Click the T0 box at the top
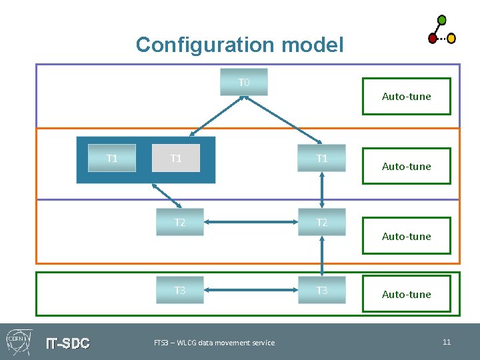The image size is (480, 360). [244, 82]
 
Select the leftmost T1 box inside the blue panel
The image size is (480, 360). [112, 159]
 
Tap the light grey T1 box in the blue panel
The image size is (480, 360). [176, 159]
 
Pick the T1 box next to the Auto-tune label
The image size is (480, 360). [322, 159]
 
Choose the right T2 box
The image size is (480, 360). [322, 222]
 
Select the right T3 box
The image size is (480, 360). [322, 290]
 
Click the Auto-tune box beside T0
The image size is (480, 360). [406, 97]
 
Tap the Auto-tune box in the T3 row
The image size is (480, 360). [406, 294]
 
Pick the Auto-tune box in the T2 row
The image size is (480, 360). [406, 236]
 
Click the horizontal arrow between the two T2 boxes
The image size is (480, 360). [251, 222]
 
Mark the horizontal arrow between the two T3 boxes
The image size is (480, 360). [251, 290]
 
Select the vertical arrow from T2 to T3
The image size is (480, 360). [322, 255]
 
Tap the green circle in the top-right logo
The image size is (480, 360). [441, 20]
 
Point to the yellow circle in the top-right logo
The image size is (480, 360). [451, 39]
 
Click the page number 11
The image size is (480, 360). [447, 342]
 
